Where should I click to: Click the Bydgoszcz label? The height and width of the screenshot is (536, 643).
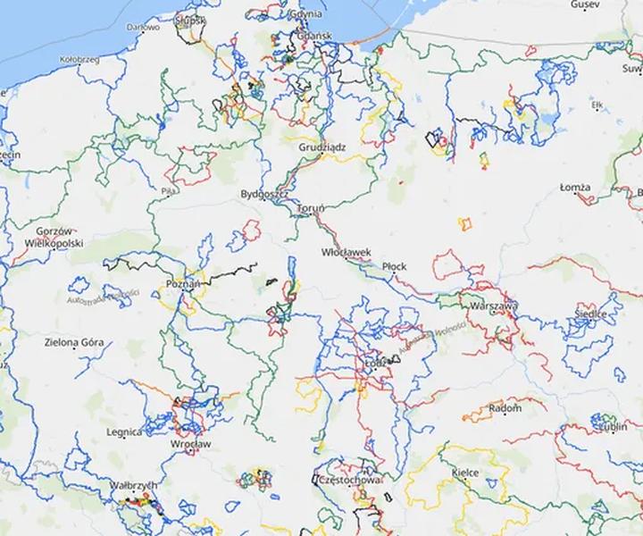pos(263,194)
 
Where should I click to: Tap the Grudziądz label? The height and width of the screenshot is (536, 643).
pos(323,146)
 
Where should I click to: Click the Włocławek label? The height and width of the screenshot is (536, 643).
pos(346,253)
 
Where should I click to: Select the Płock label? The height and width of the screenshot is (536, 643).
pos(394,266)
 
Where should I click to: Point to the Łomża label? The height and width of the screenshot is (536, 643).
pos(575,188)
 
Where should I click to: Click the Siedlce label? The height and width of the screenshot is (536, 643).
pos(590,314)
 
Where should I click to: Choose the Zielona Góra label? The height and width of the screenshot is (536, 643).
pos(74,342)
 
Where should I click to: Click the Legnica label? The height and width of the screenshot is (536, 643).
pos(122,432)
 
